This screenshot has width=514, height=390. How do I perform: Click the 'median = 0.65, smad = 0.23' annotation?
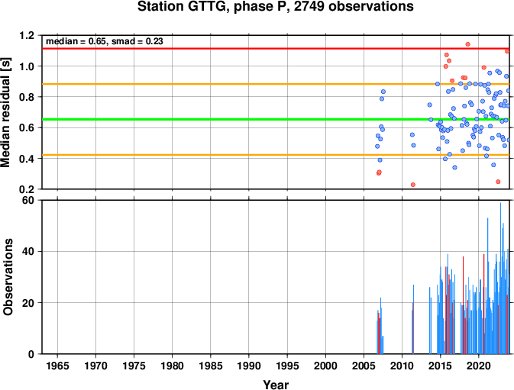coord(104,41)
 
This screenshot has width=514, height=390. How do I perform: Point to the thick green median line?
coord(276,119)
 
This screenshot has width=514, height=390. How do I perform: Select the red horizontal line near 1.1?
coord(276,48)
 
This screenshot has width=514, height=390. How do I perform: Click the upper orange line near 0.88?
coord(276,84)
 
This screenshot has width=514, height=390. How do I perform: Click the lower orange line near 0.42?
coord(276,155)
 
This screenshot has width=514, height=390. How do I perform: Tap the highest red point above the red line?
coord(467,44)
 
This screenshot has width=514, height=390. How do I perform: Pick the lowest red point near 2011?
coord(413,185)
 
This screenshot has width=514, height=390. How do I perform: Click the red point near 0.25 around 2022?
coord(498,182)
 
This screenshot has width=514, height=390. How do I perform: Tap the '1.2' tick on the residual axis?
coord(27,35)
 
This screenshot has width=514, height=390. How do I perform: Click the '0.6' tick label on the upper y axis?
coord(27,127)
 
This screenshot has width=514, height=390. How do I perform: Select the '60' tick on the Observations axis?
coord(28,200)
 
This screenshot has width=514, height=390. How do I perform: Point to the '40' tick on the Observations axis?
coord(28,252)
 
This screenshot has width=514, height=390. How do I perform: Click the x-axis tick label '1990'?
coord(249,366)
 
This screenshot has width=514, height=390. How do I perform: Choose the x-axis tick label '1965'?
coord(58,366)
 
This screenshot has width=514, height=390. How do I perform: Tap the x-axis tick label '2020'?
coord(478,366)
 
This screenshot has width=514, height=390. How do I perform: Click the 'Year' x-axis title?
coord(276,385)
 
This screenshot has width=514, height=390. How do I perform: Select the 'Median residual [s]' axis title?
coord(6,112)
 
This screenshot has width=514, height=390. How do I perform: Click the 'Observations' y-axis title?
coord(8,277)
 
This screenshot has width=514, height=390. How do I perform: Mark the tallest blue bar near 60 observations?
coord(500,279)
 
